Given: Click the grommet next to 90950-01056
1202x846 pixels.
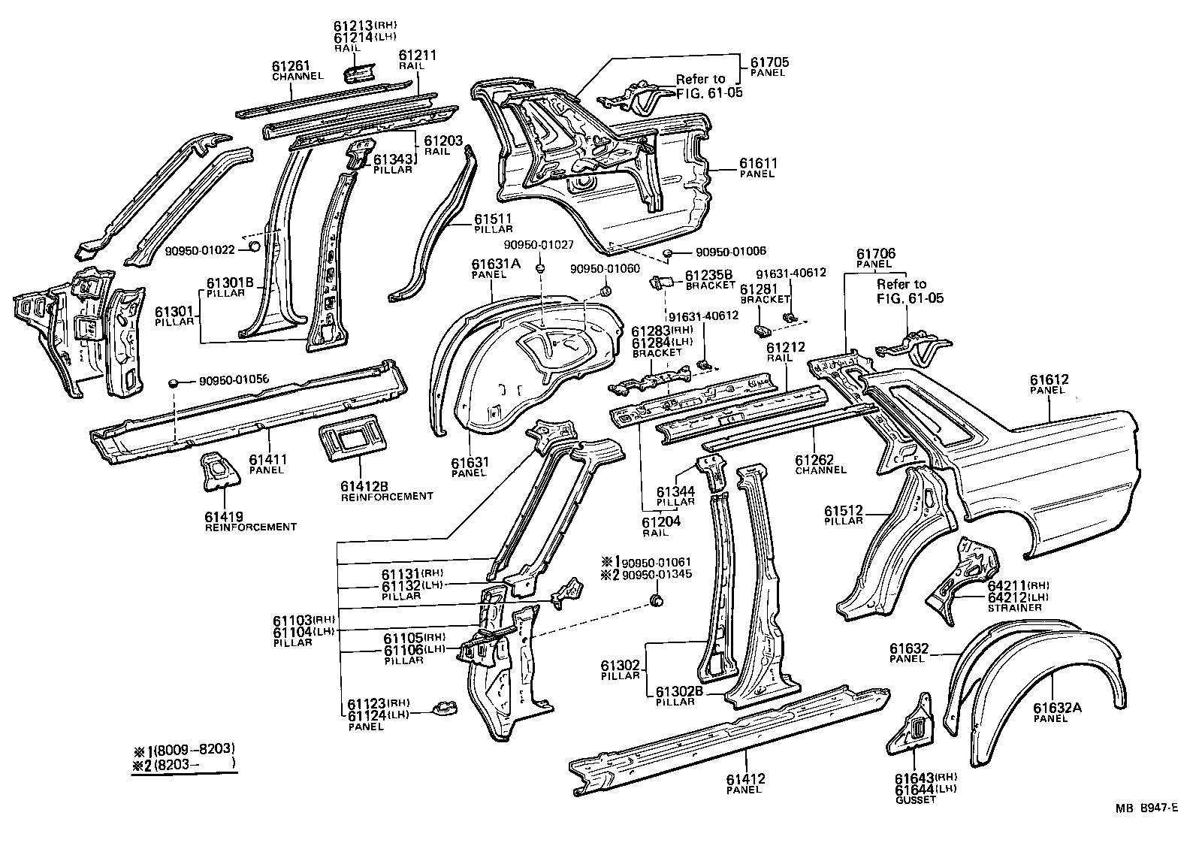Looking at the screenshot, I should [x=174, y=382].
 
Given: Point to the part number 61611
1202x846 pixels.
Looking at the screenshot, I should [x=758, y=163].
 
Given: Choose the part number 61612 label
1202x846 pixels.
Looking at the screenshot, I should [x=1049, y=380].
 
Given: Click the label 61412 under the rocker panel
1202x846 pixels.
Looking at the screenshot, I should [x=745, y=779].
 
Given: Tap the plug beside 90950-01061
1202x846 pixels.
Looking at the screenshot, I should [x=657, y=600].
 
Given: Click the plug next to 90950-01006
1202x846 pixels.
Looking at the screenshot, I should [x=668, y=253].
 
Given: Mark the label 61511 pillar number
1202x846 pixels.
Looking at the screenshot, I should [x=493, y=219].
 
